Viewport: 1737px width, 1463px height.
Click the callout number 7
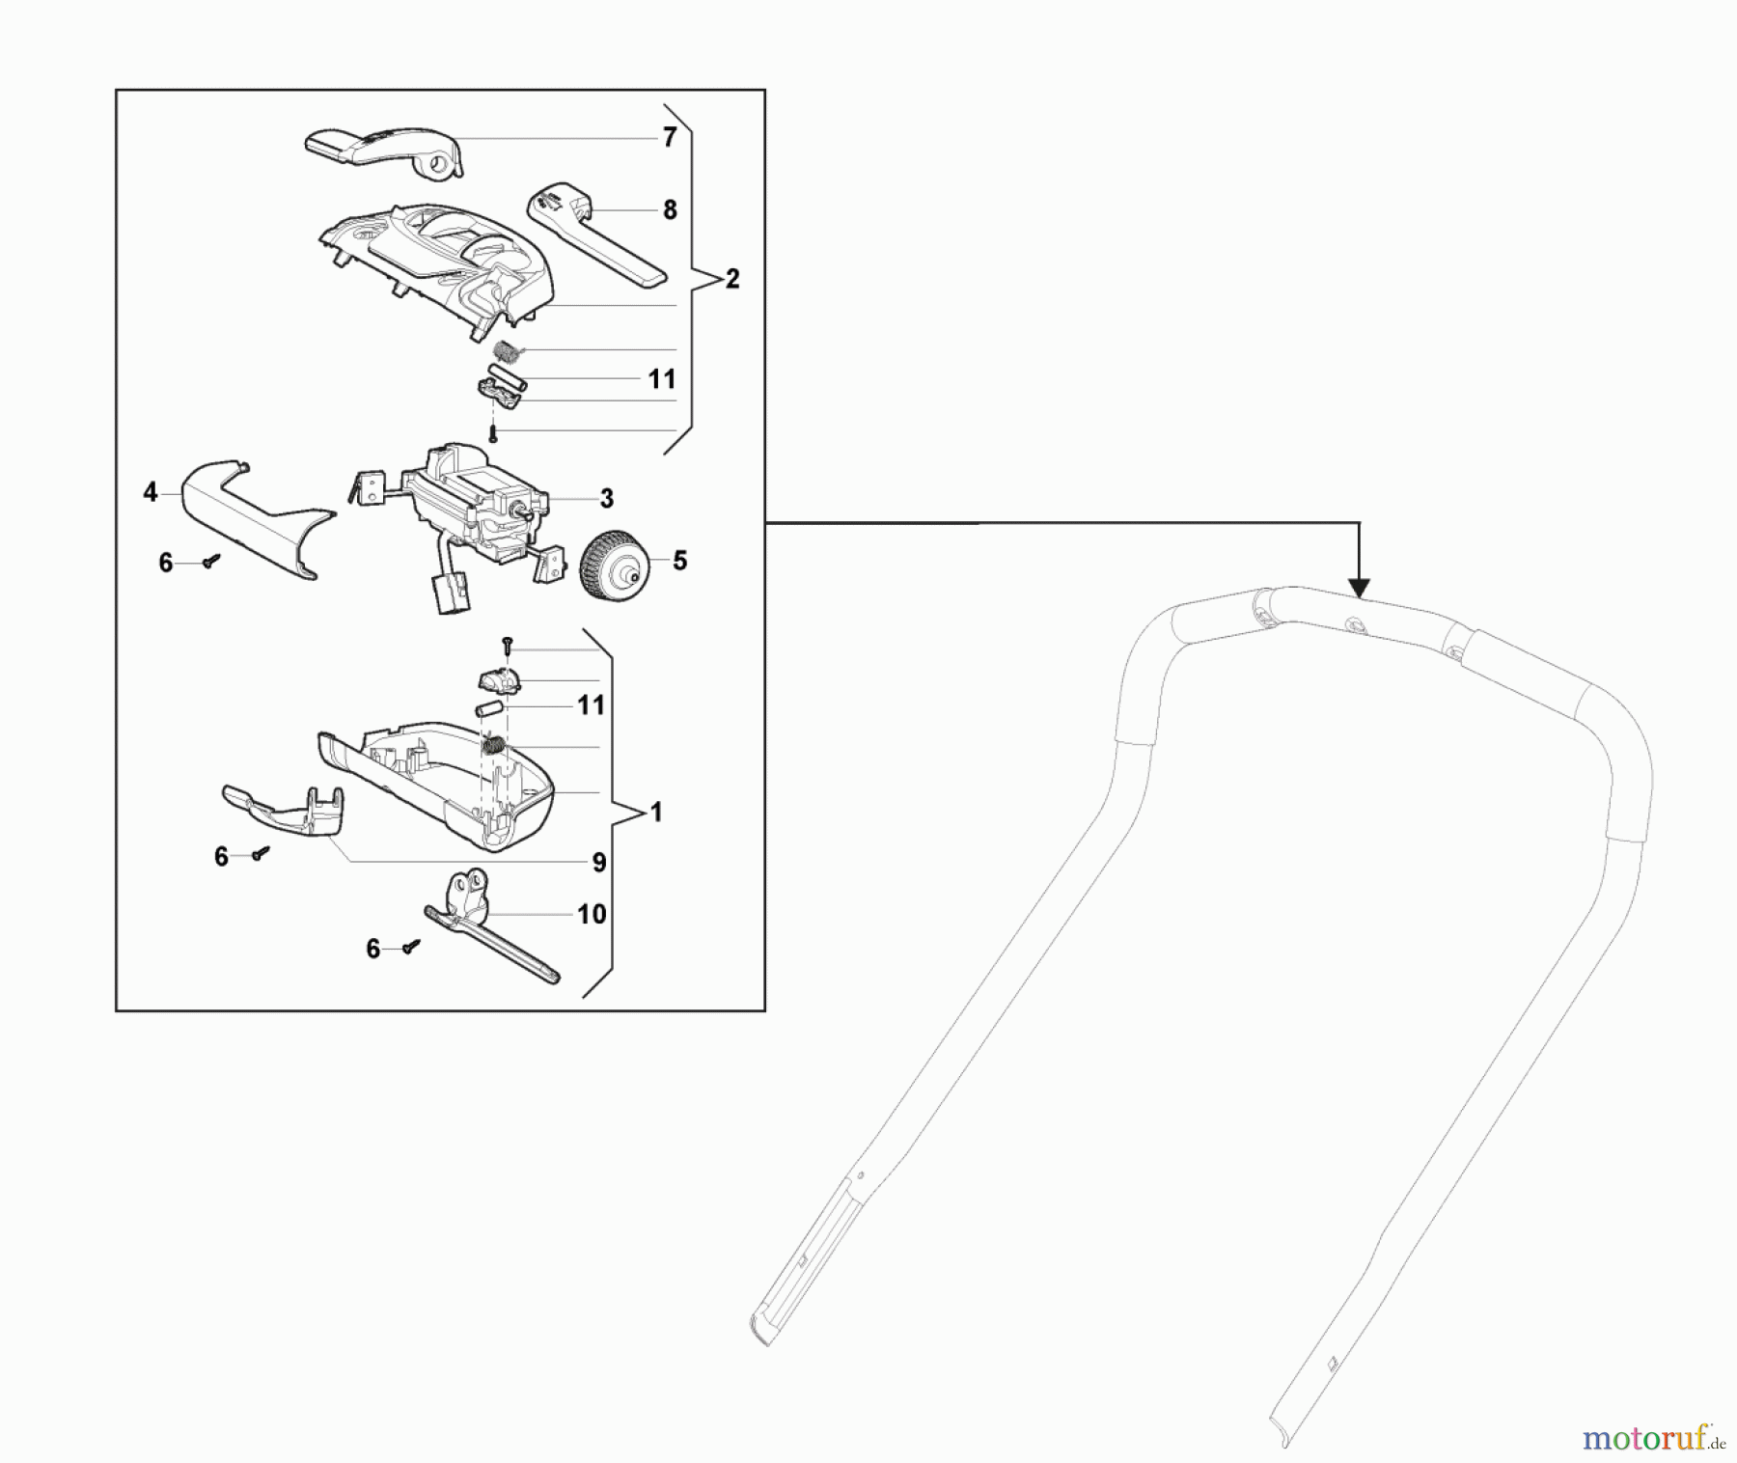pos(670,137)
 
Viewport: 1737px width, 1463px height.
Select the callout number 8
pos(670,209)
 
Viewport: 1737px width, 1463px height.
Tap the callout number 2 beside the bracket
pos(732,279)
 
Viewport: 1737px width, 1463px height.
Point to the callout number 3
pos(606,498)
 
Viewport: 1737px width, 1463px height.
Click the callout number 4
pos(150,492)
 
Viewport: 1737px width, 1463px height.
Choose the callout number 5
pos(679,561)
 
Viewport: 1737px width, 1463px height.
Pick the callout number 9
pos(598,862)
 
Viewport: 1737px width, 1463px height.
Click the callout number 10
pos(591,914)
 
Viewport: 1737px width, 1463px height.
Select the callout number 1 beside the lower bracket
pos(656,813)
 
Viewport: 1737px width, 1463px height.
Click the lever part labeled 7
pos(384,152)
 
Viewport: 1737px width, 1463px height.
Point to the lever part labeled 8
pos(596,235)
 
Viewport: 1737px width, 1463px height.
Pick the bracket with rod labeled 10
pos(490,925)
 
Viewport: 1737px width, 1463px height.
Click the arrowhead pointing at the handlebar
pos(1359,587)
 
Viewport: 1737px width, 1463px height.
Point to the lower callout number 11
pos(591,705)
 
